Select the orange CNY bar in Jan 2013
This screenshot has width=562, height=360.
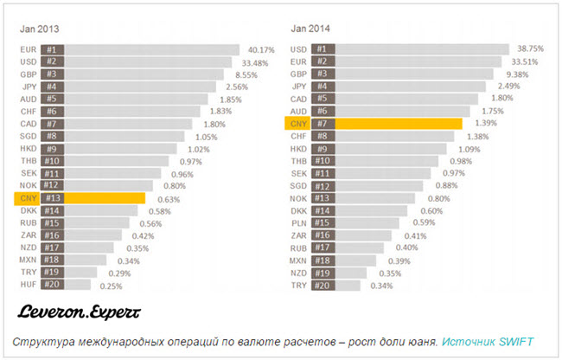click(x=104, y=198)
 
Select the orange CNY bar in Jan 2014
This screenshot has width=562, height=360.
click(x=398, y=124)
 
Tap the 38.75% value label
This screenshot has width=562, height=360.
click(x=529, y=49)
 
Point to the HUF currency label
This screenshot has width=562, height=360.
click(x=28, y=285)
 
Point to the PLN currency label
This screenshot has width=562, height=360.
click(x=299, y=222)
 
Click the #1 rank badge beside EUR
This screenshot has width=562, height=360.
click(x=52, y=49)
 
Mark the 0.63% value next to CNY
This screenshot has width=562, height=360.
click(x=169, y=198)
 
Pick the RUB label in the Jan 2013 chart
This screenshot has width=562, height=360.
click(x=28, y=222)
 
